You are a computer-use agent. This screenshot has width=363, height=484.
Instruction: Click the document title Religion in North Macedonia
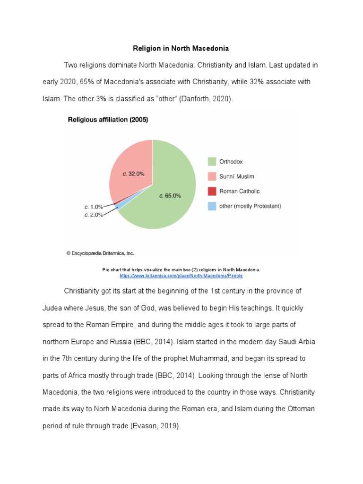click(181, 48)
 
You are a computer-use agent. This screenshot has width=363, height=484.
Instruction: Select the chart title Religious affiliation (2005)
click(108, 120)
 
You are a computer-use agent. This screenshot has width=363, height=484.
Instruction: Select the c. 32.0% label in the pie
click(133, 173)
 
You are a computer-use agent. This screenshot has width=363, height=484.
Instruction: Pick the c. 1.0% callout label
click(94, 207)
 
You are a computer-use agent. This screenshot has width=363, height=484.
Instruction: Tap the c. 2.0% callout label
click(94, 215)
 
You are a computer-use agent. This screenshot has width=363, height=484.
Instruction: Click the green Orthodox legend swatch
click(212, 162)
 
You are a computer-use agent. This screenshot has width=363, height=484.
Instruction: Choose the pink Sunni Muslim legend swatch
click(212, 176)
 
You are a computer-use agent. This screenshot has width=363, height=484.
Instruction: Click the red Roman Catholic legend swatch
click(212, 191)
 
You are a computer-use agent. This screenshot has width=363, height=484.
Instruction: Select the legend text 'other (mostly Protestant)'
click(250, 206)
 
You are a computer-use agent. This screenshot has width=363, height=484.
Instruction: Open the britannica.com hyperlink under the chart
click(181, 275)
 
